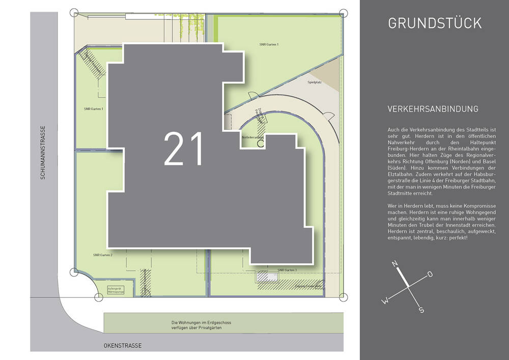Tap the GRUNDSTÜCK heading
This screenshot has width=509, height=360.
coord(434,23)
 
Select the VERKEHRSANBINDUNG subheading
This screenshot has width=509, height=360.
coord(433,109)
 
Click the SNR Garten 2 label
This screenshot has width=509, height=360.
coord(102,255)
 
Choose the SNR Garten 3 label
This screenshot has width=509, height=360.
coord(287,269)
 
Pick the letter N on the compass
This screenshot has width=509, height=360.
coord(394,264)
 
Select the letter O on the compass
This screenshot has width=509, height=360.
coord(430,274)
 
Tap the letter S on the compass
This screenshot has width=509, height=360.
coord(421,310)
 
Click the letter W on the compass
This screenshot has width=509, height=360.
coord(385,300)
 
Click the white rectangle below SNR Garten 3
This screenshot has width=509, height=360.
coord(267,278)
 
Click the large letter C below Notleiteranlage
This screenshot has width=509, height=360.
coord(260,144)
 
